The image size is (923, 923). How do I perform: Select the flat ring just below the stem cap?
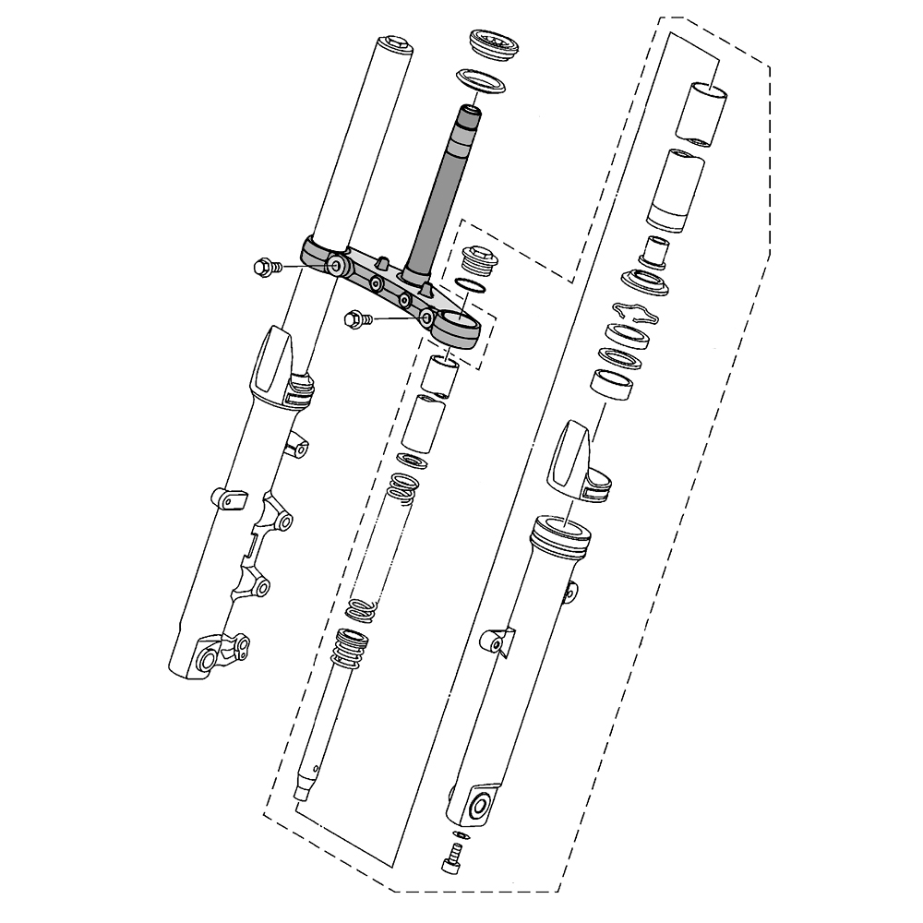pyautogui.click(x=484, y=80)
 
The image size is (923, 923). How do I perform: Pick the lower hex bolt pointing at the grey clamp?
pyautogui.click(x=354, y=319)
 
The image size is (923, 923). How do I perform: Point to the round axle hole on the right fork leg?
pyautogui.click(x=480, y=806)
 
